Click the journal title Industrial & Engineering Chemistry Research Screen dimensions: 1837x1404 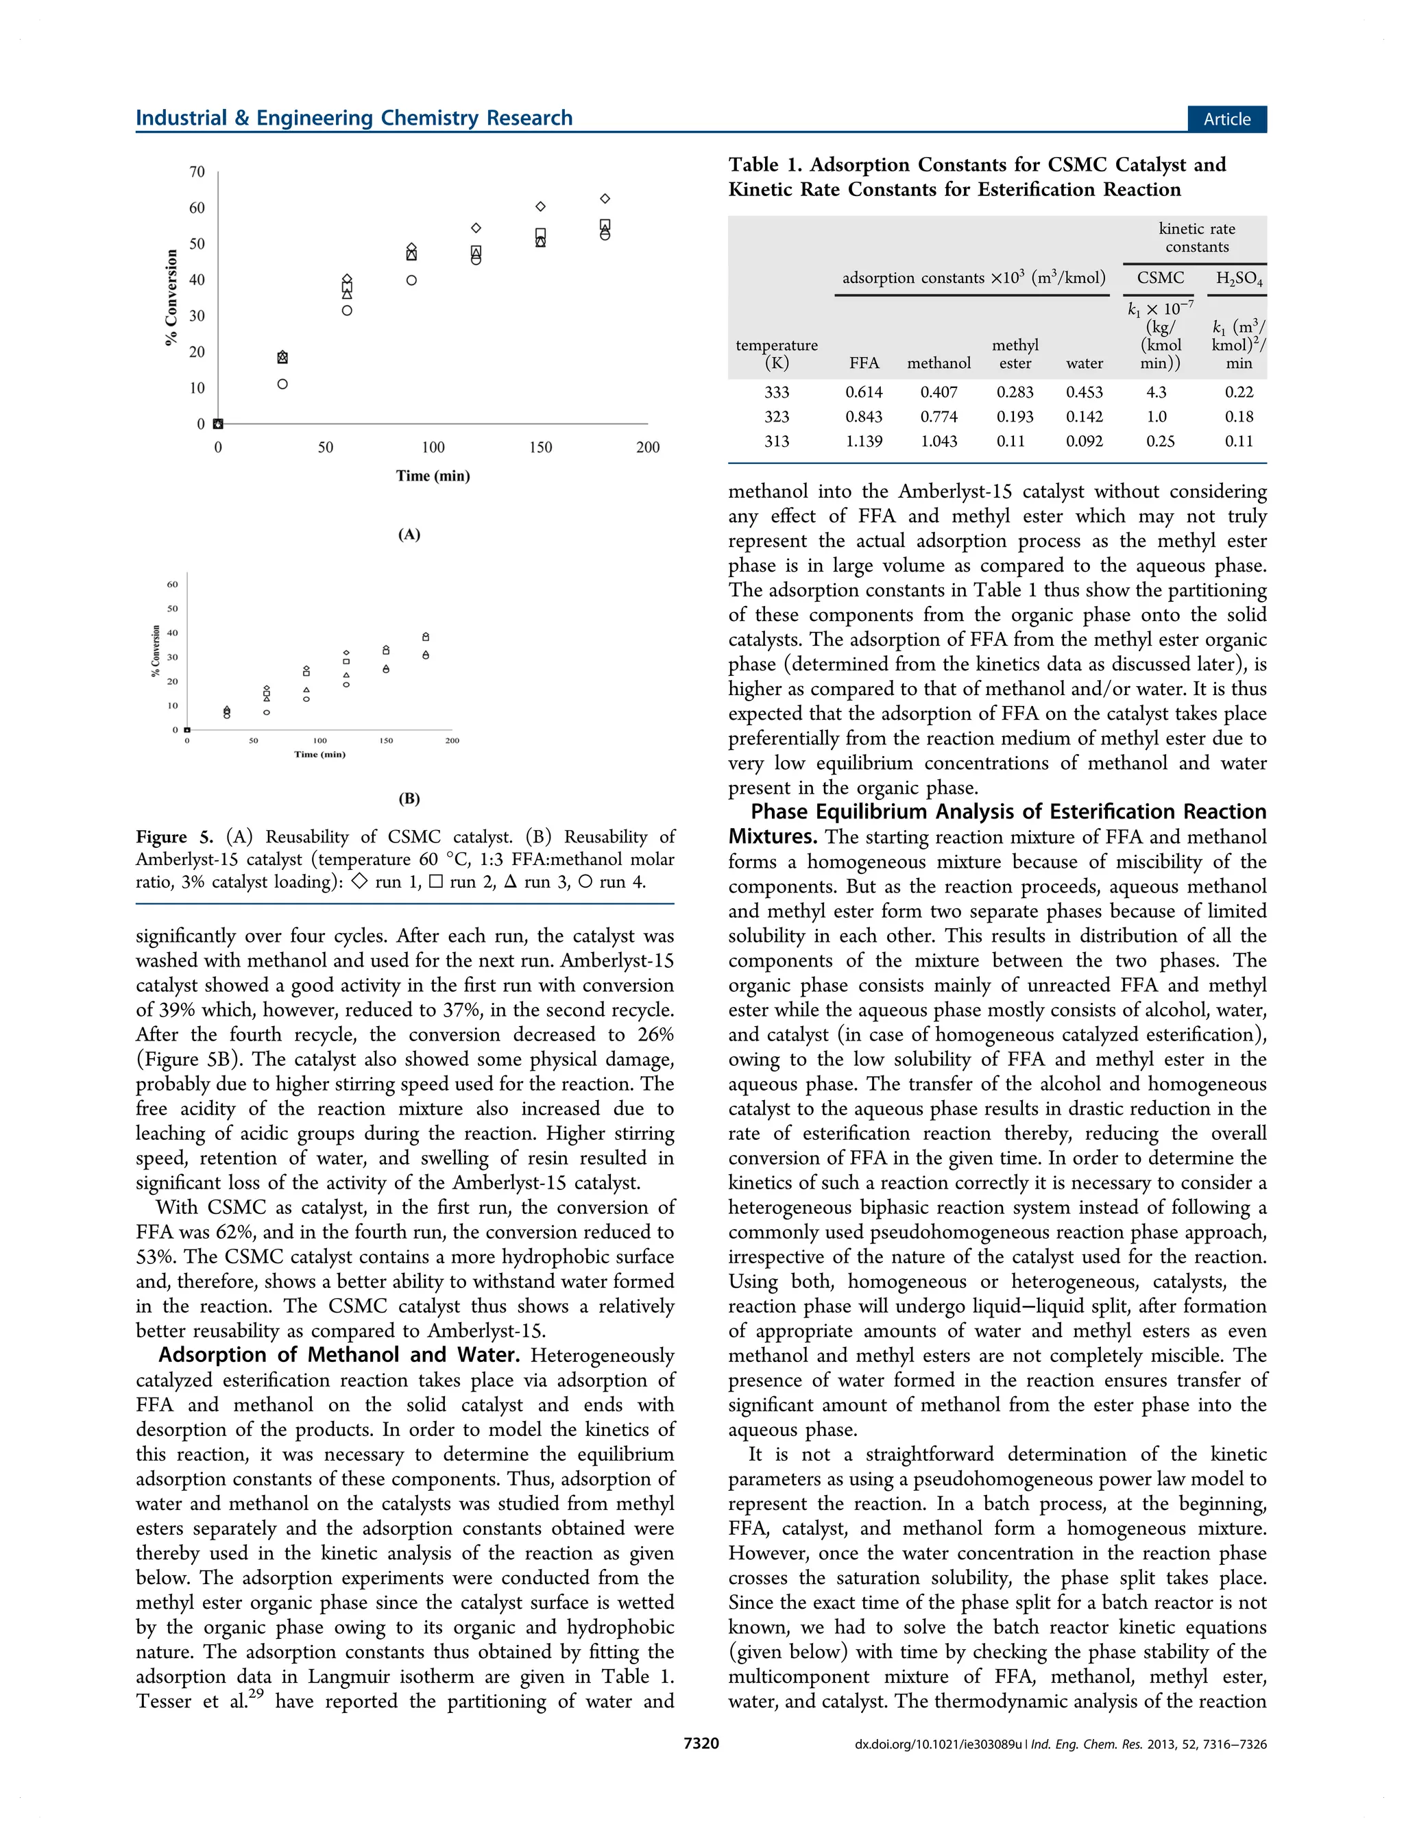click(354, 118)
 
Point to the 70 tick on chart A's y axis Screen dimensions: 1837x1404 click(196, 171)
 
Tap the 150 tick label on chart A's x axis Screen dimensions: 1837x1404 click(540, 447)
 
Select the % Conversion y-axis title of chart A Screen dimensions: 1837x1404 click(171, 297)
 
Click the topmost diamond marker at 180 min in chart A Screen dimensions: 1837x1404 click(605, 199)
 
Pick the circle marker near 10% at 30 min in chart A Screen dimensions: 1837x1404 click(282, 385)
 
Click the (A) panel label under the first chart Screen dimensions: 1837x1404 click(409, 535)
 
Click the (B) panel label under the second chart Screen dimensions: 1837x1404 click(409, 798)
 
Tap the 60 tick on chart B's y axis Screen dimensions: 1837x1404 click(171, 584)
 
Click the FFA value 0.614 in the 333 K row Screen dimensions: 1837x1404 click(863, 392)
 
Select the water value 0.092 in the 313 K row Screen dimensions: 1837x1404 click(1084, 441)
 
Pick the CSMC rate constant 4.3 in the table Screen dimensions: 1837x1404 click(1157, 392)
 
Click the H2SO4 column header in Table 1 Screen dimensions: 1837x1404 click(1239, 278)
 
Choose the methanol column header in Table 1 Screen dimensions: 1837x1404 click(939, 363)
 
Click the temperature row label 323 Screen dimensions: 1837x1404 click(776, 416)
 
